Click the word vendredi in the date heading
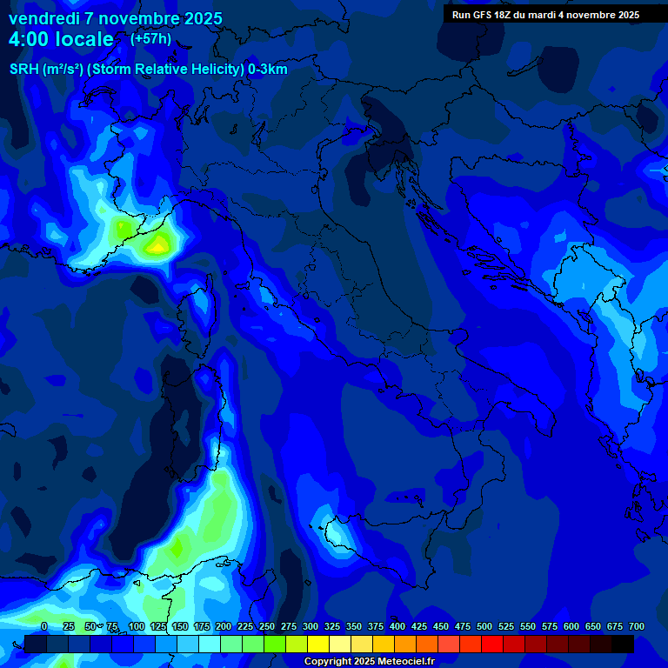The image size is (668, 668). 43,18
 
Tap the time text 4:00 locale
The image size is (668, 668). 61,39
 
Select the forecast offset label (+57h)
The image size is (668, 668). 150,38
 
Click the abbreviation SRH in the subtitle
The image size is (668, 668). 24,70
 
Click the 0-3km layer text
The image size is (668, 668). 268,70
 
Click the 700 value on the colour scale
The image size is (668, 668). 636,626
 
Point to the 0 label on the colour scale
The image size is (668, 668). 44,626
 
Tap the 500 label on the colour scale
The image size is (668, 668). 463,626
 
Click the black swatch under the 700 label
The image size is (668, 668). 623,644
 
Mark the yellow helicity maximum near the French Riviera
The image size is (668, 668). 158,244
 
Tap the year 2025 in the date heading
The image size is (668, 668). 197,18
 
